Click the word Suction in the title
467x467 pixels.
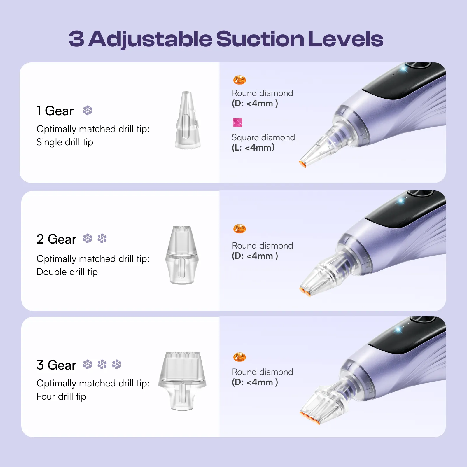pos(260,39)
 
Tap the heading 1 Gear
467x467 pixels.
pos(55,111)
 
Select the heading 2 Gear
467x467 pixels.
pos(56,239)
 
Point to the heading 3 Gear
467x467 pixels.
pos(56,365)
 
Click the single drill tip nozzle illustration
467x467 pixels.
pos(187,120)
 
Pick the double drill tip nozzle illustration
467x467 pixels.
pos(182,255)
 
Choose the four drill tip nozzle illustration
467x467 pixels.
pos(182,381)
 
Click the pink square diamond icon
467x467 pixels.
pos(237,123)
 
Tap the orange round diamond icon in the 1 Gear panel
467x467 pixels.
pos(239,80)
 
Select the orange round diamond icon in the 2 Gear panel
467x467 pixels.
pos(239,229)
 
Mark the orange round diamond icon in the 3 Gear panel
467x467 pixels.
pos(239,357)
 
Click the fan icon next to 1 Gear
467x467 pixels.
pos(88,110)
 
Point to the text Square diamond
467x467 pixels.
pos(263,137)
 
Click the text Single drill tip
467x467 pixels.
pos(65,142)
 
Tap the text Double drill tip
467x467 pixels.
pos(67,272)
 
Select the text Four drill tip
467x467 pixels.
pos(61,397)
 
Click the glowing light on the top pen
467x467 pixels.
pos(404,69)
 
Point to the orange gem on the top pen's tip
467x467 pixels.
pos(302,164)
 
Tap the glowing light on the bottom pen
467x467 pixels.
pos(398,330)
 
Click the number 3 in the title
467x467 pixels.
pos(76,39)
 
